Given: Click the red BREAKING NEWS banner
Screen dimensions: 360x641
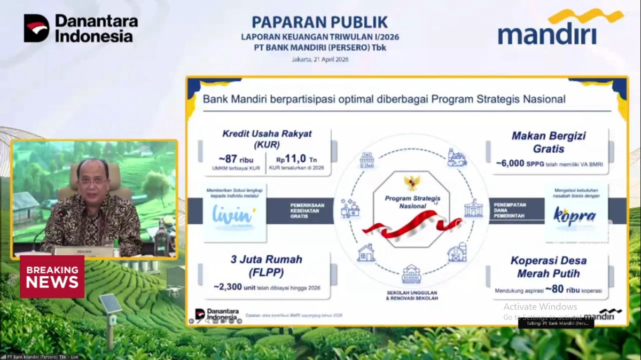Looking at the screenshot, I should [x=52, y=276].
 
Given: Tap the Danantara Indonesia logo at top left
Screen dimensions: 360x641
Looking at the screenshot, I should [x=81, y=28].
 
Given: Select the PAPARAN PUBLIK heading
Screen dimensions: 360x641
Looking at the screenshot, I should [x=319, y=22].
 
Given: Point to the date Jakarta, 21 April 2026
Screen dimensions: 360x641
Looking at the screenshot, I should [x=319, y=59].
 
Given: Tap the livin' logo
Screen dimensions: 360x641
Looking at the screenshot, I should [x=233, y=216].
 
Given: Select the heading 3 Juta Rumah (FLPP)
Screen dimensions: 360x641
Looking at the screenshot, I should [x=266, y=265].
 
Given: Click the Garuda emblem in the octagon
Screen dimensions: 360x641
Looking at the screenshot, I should [x=412, y=183].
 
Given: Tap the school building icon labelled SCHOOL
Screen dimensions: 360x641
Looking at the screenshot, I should [x=411, y=274].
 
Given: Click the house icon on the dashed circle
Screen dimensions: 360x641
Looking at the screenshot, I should [x=366, y=252].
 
